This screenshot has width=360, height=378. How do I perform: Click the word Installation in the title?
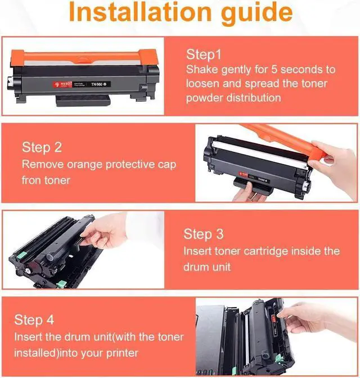pos(140,12)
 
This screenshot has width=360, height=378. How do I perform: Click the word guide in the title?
pos(257,14)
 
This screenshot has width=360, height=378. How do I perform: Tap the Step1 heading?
pos(204,55)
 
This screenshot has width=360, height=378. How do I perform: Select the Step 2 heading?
pos(42,147)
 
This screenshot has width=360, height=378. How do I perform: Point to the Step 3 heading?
pos(204,234)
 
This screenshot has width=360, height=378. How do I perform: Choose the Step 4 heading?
pos(34,320)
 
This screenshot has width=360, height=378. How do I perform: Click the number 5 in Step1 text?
pos(274,70)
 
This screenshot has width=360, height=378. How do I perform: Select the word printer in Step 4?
pos(122,353)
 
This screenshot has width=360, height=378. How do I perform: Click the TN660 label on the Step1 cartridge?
pos(98,84)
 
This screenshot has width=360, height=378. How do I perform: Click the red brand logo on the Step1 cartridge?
pos(62,84)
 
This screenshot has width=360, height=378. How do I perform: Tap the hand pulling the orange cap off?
pos(335,164)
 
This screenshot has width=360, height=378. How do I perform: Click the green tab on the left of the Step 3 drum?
pos(21,255)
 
